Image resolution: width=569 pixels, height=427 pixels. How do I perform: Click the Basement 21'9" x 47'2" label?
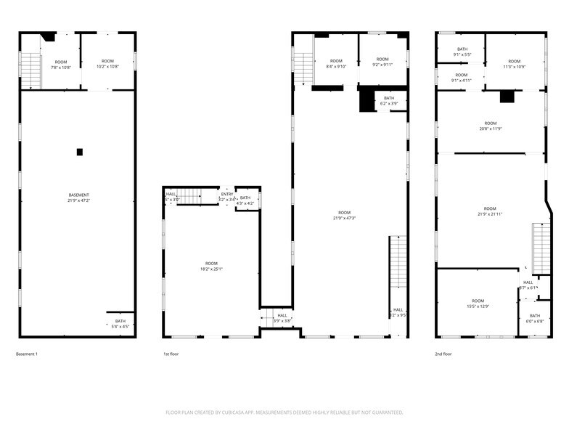79,198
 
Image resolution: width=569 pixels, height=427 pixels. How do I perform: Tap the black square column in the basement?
80,152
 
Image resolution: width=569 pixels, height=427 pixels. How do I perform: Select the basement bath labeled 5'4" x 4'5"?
120,324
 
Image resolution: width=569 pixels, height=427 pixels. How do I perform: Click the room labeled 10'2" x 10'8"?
107,64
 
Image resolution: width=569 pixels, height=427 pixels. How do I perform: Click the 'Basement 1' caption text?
27,354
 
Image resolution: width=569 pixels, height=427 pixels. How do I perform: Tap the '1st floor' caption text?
171,354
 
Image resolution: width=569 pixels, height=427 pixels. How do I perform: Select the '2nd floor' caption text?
443,354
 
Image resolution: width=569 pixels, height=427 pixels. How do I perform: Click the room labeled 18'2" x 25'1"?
211,267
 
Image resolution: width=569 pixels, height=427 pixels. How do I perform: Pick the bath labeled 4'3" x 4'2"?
245,200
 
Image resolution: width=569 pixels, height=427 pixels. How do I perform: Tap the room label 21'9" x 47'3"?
344,215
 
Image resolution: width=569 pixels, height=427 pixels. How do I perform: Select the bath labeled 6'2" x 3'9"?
389,101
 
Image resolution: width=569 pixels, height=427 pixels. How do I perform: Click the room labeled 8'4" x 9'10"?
336,63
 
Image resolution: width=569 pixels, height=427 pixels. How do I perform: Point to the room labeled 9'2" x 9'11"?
382,62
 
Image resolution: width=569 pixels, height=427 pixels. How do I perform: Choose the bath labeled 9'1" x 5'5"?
462,52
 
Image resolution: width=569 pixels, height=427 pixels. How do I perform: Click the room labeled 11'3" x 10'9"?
514,64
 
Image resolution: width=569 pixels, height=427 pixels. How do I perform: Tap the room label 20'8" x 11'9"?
491,126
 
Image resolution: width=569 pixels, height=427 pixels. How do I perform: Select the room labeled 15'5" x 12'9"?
478,304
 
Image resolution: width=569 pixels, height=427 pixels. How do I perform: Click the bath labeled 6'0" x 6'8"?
534,318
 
